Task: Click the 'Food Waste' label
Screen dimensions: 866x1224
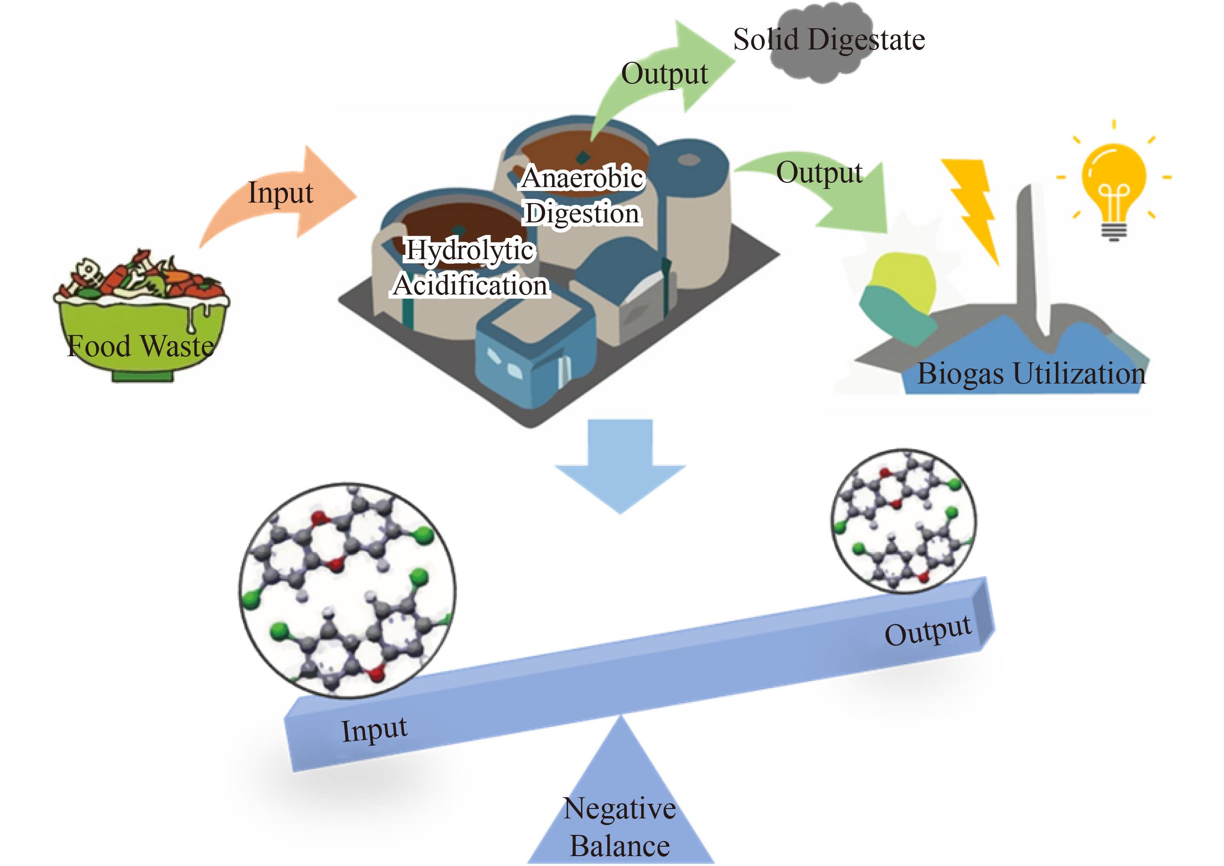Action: (x=141, y=346)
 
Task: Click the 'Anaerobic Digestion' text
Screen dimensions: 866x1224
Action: (x=583, y=195)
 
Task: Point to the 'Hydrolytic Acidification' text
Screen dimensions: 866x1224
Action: (x=470, y=268)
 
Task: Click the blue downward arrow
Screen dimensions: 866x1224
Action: (x=620, y=464)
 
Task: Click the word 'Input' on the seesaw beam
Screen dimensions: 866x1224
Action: (x=374, y=729)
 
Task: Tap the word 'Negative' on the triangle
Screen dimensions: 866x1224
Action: (x=620, y=809)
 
